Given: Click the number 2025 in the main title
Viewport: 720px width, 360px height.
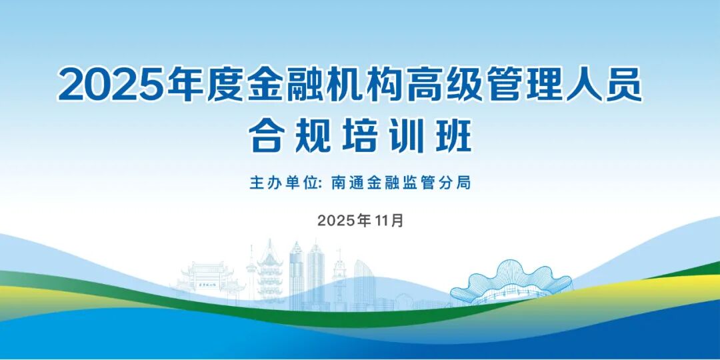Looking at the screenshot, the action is (112, 85).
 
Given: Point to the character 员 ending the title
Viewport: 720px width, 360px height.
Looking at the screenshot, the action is (623, 85).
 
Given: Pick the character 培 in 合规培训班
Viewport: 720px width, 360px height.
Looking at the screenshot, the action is (359, 135).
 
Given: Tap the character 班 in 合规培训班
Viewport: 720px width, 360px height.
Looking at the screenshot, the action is (454, 135).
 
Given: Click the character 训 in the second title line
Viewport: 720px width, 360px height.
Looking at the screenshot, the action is (407, 135).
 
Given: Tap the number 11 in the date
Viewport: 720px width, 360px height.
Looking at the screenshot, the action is (381, 221).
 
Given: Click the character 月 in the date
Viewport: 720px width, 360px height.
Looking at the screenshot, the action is (397, 221).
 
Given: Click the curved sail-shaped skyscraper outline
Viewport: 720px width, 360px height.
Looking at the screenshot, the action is (365, 283).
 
